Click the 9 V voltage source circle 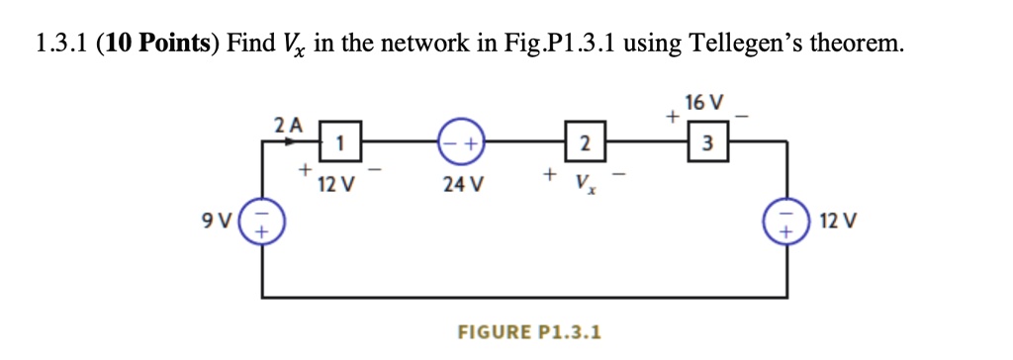point(262,219)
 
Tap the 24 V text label point(463,184)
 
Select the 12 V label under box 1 point(330,184)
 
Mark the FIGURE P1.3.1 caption point(528,330)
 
